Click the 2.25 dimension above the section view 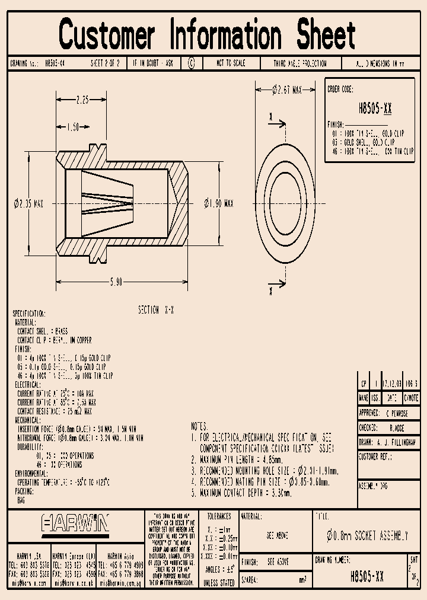pyautogui.click(x=83, y=100)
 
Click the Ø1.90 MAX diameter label pyautogui.click(x=218, y=203)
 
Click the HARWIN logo pyautogui.click(x=75, y=524)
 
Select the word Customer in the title pyautogui.click(x=107, y=34)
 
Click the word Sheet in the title pyautogui.click(x=319, y=34)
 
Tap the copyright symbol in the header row pyautogui.click(x=191, y=63)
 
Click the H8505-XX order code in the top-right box pyautogui.click(x=375, y=109)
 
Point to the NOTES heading pyautogui.click(x=199, y=426)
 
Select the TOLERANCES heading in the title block pyautogui.click(x=218, y=516)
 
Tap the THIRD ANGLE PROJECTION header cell pyautogui.click(x=299, y=63)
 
